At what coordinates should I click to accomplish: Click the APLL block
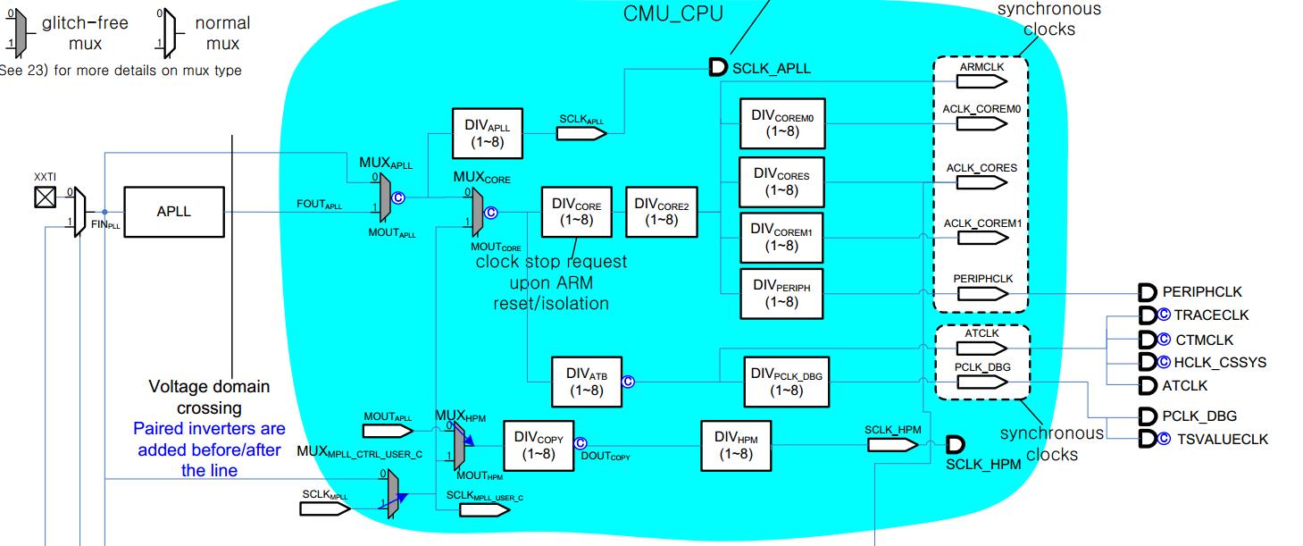(173, 212)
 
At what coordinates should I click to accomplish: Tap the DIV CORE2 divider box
(662, 212)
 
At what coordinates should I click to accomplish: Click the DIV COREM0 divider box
(775, 122)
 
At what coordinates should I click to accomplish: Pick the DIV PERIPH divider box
(775, 293)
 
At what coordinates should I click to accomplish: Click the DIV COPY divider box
(539, 445)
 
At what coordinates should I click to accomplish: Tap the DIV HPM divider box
(735, 445)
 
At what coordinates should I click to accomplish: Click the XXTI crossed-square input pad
(45, 197)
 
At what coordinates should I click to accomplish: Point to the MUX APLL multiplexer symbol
(384, 197)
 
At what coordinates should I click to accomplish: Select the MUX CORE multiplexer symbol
(478, 211)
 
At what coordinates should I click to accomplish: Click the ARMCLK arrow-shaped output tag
(981, 81)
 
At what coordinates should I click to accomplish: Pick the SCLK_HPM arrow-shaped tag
(892, 444)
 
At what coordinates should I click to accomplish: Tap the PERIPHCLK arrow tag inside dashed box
(981, 293)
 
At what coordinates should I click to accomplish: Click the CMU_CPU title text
(672, 14)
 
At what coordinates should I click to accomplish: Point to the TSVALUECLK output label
(1222, 439)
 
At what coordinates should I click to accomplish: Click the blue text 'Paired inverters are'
(209, 429)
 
